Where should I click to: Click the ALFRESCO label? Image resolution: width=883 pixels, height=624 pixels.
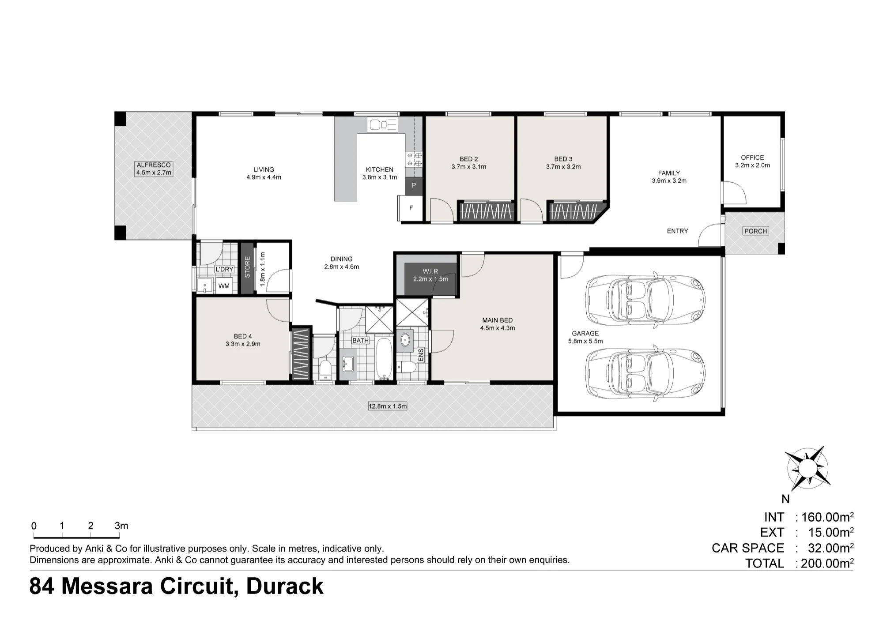[x=153, y=165]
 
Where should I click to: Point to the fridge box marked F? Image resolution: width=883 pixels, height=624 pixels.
[x=411, y=208]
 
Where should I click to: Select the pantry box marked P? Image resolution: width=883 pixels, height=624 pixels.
[x=414, y=185]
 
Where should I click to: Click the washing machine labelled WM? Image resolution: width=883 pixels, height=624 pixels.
[x=224, y=286]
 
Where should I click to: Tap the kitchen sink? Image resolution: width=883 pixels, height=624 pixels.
[x=383, y=125]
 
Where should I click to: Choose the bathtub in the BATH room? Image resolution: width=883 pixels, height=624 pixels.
[x=384, y=358]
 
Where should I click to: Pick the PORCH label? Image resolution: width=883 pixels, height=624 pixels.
[x=755, y=231]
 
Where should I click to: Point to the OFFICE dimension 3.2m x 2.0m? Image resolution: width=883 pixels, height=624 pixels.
[x=752, y=165]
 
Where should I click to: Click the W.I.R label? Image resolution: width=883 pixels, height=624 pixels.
[x=430, y=271]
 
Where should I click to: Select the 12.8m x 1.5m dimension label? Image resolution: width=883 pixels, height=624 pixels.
[x=388, y=406]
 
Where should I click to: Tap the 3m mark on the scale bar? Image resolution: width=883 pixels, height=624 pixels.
[x=121, y=526]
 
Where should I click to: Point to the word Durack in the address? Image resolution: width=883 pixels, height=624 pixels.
[x=284, y=586]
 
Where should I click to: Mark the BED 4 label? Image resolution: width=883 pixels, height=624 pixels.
[x=243, y=336]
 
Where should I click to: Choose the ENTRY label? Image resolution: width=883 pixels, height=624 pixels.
[x=677, y=231]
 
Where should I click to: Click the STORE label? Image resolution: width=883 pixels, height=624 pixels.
[x=247, y=267]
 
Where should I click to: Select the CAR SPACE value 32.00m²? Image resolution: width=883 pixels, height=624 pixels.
[x=830, y=548]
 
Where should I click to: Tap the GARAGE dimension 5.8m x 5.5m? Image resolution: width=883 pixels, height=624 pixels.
[x=585, y=341]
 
